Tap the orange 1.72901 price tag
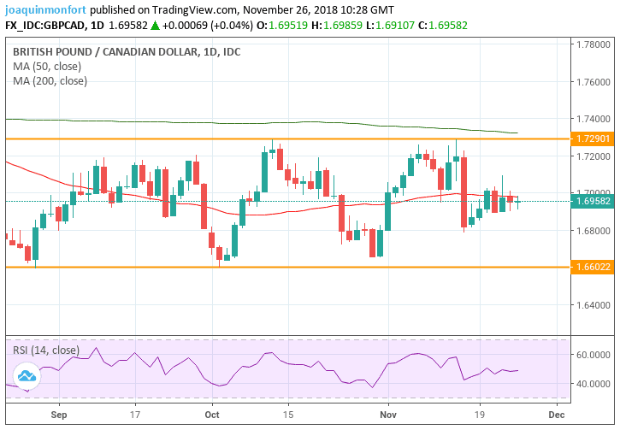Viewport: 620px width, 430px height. tap(593, 138)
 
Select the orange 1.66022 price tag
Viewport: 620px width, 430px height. tap(593, 268)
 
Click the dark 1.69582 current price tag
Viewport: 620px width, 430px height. tap(593, 202)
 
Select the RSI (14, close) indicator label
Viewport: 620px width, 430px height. tap(46, 350)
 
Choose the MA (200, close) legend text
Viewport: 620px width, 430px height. tap(50, 81)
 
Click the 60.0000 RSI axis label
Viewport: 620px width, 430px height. tap(592, 354)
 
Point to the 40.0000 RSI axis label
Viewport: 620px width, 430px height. tap(592, 384)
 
